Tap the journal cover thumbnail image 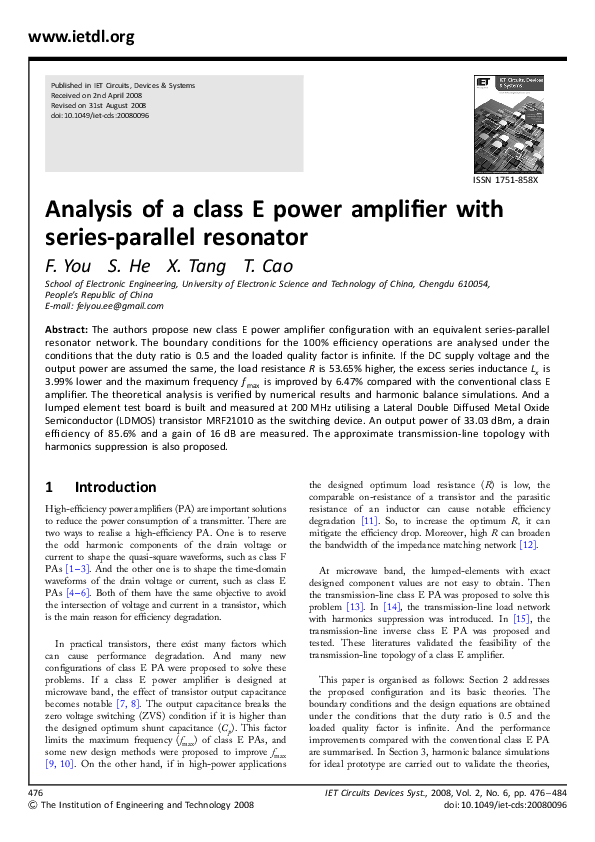[x=505, y=125]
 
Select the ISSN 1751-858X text [x=505, y=181]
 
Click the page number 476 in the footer [x=38, y=791]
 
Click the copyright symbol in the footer [x=33, y=803]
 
